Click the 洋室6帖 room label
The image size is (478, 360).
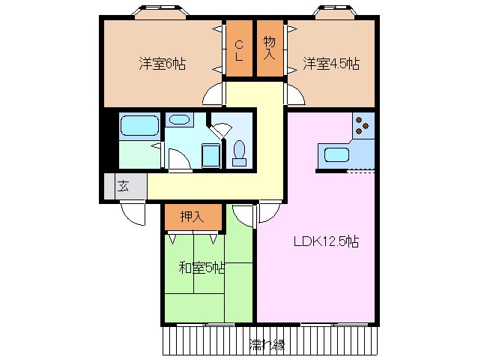(x=161, y=64)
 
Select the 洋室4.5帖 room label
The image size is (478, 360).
(x=330, y=64)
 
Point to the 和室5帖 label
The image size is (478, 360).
(x=201, y=268)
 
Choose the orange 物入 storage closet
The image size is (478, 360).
(x=269, y=49)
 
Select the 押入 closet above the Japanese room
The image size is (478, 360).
(x=193, y=217)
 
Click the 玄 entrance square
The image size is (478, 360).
(x=122, y=187)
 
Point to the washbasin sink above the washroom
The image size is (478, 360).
(x=178, y=120)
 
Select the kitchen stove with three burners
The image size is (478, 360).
(x=363, y=126)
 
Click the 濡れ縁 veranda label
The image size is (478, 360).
(x=266, y=345)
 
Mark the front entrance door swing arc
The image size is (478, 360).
(x=133, y=214)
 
